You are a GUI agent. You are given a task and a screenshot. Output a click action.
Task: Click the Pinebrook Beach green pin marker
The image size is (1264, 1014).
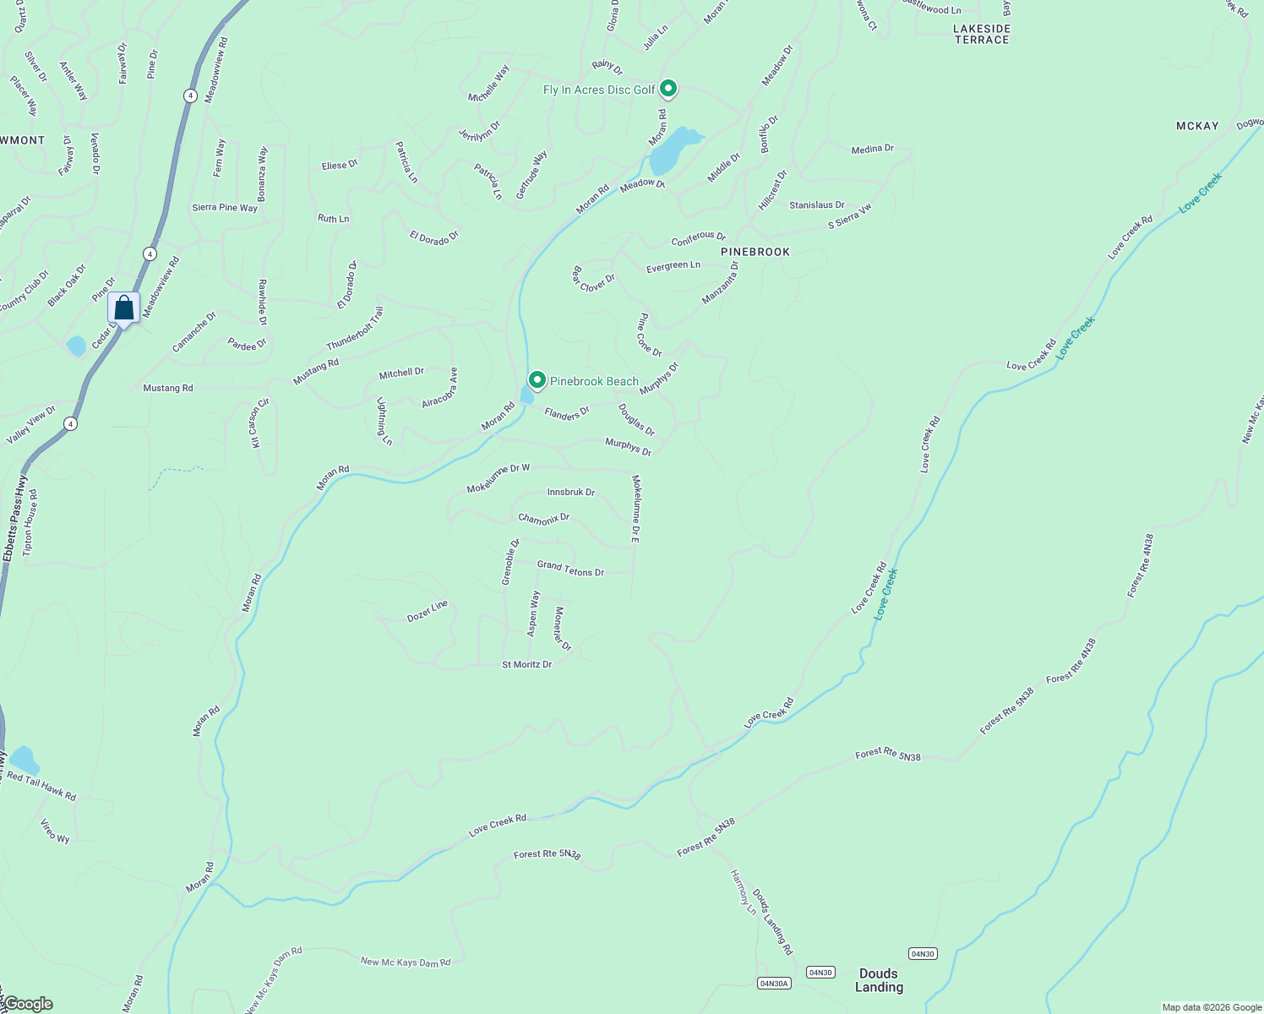pyautogui.click(x=537, y=380)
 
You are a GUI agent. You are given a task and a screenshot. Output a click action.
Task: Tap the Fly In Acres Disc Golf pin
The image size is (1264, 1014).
pyautogui.click(x=668, y=89)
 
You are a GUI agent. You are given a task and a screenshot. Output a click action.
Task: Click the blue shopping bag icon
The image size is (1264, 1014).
pyautogui.click(x=123, y=308)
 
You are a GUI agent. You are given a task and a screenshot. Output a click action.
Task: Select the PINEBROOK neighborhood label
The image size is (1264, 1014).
pyautogui.click(x=755, y=252)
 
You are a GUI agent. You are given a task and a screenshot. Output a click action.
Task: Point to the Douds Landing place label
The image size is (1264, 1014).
pyautogui.click(x=879, y=980)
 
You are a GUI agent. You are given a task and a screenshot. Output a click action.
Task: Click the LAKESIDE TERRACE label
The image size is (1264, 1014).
pyautogui.click(x=982, y=34)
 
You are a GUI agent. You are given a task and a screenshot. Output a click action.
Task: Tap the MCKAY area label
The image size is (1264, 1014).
pyautogui.click(x=1197, y=126)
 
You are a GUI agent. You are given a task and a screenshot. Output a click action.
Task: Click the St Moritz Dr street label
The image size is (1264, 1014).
pyautogui.click(x=526, y=665)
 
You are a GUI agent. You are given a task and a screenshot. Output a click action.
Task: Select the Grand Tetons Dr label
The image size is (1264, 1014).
pyautogui.click(x=570, y=569)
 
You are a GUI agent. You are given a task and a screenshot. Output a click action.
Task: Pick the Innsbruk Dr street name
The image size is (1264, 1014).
pyautogui.click(x=571, y=492)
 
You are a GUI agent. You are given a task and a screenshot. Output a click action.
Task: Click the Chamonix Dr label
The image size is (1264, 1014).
pyautogui.click(x=544, y=518)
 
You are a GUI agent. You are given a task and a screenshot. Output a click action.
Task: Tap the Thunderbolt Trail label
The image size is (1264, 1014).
pyautogui.click(x=355, y=329)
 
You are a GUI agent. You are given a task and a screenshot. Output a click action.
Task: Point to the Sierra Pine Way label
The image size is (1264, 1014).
pyautogui.click(x=225, y=208)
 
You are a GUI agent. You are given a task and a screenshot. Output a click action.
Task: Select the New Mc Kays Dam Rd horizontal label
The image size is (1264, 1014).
pyautogui.click(x=406, y=962)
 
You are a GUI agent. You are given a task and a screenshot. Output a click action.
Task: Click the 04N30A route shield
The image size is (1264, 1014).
pyautogui.click(x=774, y=983)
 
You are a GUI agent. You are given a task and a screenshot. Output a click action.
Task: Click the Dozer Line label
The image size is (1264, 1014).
pyautogui.click(x=428, y=611)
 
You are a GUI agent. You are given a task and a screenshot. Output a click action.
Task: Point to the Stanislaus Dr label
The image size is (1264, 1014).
pyautogui.click(x=816, y=205)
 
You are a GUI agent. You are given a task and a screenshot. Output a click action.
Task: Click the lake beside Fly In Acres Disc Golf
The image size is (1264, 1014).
pyautogui.click(x=673, y=150)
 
